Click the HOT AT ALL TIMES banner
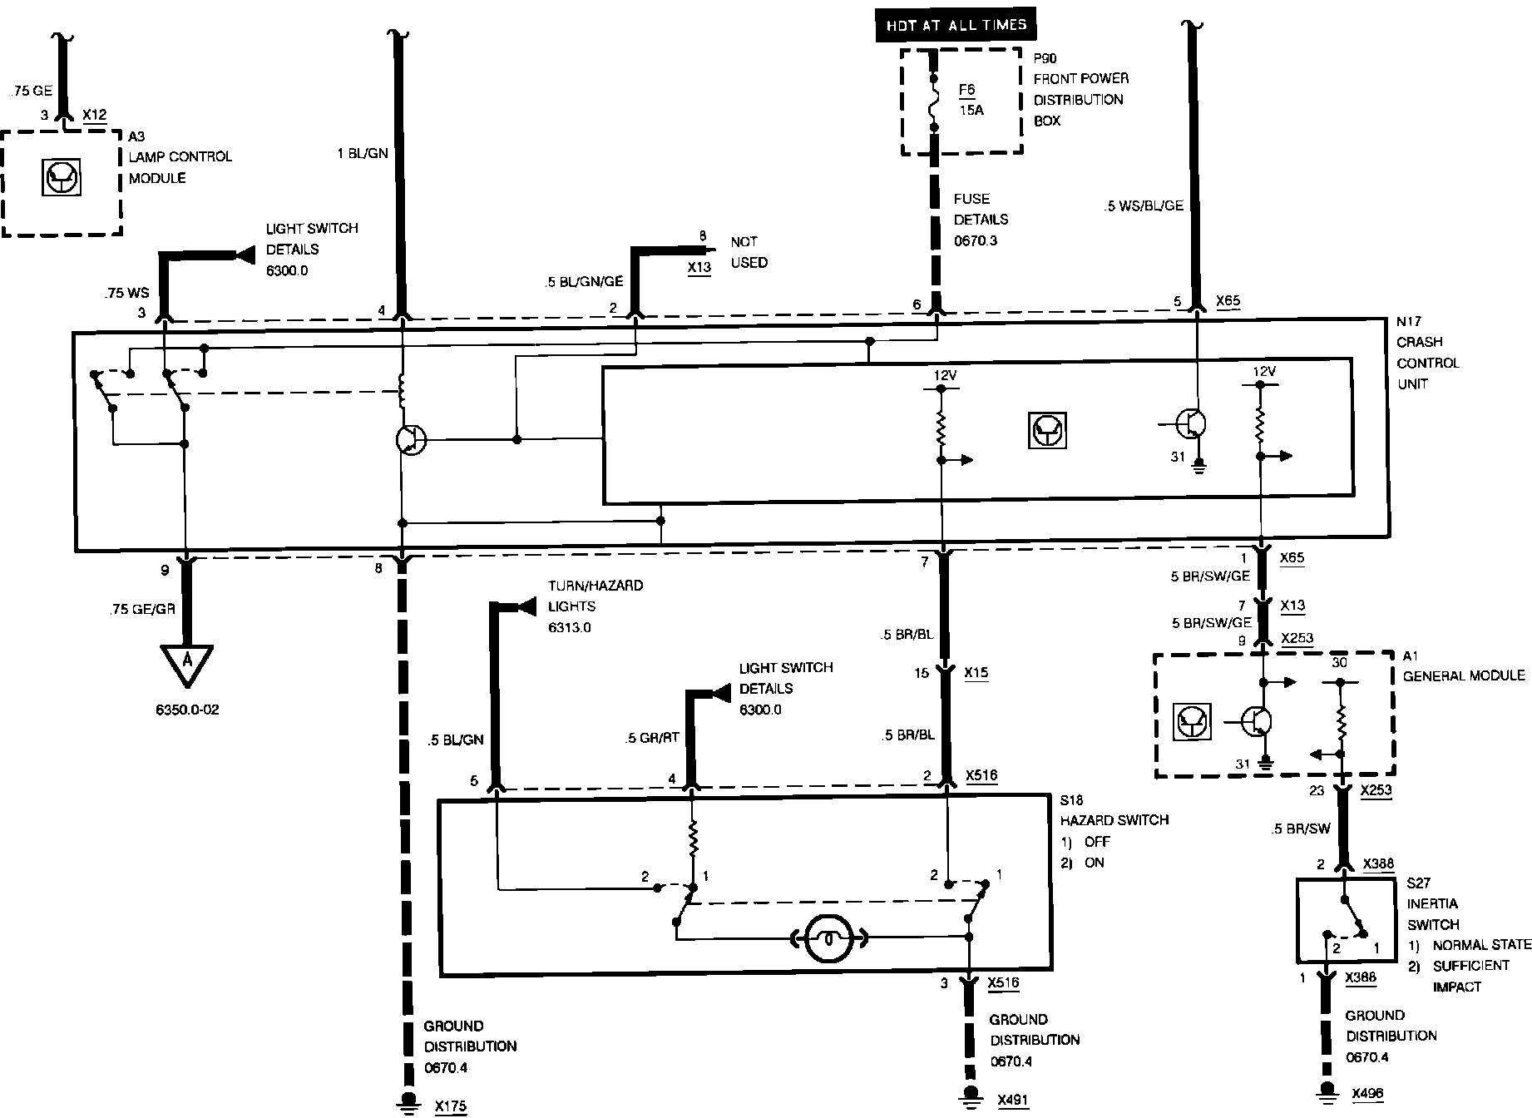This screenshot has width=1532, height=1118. pyautogui.click(x=956, y=25)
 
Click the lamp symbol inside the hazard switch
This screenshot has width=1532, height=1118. pyautogui.click(x=828, y=938)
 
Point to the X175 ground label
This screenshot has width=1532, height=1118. pyautogui.click(x=450, y=1106)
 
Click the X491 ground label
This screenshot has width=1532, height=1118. pyautogui.click(x=1012, y=1100)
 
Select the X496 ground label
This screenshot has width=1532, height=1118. pyautogui.click(x=1367, y=1093)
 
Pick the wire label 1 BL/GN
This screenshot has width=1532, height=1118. pyautogui.click(x=363, y=153)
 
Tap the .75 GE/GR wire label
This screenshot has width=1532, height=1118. pyautogui.click(x=141, y=609)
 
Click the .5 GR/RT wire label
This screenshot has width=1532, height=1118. pyautogui.click(x=653, y=738)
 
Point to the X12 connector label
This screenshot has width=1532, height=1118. pyautogui.click(x=95, y=115)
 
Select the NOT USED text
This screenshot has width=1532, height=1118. pyautogui.click(x=749, y=252)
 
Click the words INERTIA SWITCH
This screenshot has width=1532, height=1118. pyautogui.click(x=1432, y=913)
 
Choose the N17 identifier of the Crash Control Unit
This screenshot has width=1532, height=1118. pyautogui.click(x=1408, y=320)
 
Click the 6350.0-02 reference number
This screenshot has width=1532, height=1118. pyautogui.click(x=187, y=710)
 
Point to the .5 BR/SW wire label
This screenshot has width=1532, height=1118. pyautogui.click(x=1301, y=829)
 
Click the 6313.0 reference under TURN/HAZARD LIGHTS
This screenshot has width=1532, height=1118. pyautogui.click(x=569, y=628)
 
